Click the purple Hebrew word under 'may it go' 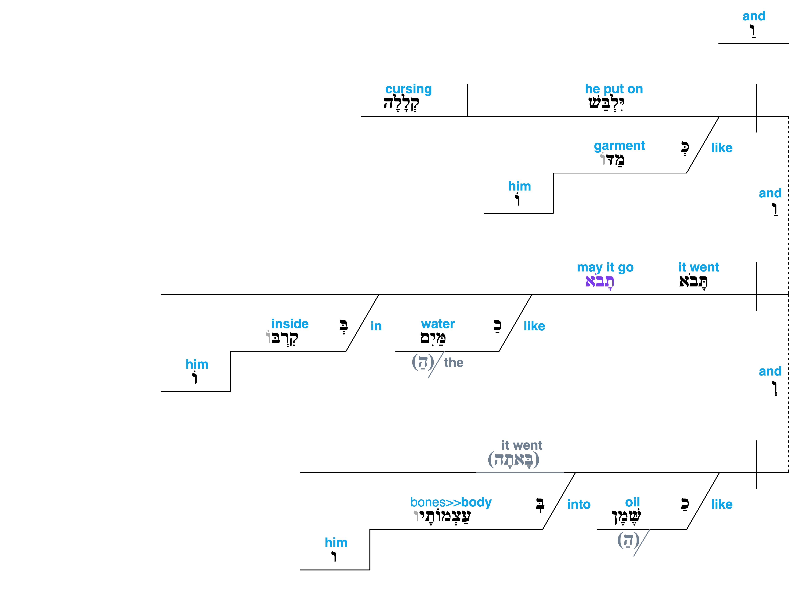600,282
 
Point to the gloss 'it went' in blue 698,267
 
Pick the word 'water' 438,324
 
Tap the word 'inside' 290,324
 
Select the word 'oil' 632,502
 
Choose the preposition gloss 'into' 579,504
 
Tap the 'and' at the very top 754,16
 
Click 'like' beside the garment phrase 722,148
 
